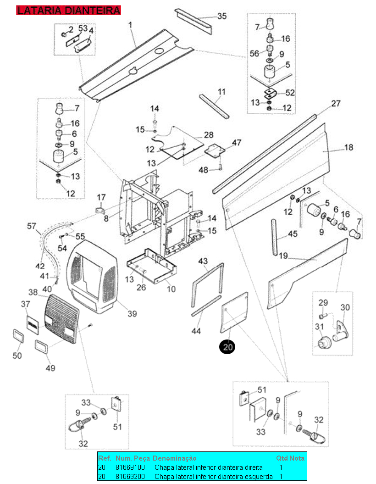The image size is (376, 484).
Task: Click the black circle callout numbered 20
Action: pos(227,347)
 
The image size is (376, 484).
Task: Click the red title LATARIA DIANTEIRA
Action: pos(68,10)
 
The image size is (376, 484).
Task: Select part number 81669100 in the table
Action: pos(130,467)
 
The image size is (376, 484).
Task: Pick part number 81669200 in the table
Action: pos(130,477)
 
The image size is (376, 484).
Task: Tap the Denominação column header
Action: pos(174,458)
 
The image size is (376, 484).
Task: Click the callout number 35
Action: pos(222,16)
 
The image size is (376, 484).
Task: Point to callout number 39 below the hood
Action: pos(132,314)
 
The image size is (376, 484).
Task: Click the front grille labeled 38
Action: pos(61,319)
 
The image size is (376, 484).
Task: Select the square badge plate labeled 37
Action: pos(33,325)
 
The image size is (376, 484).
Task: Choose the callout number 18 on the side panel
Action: pos(348,148)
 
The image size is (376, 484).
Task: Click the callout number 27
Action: pos(336,103)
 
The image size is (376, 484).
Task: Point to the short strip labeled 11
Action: pos(214,106)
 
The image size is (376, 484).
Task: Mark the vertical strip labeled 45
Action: pos(274,237)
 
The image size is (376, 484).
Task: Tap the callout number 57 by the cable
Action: pos(32,226)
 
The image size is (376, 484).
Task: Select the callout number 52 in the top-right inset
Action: pos(290,93)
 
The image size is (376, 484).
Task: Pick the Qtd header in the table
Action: pos(282,458)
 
